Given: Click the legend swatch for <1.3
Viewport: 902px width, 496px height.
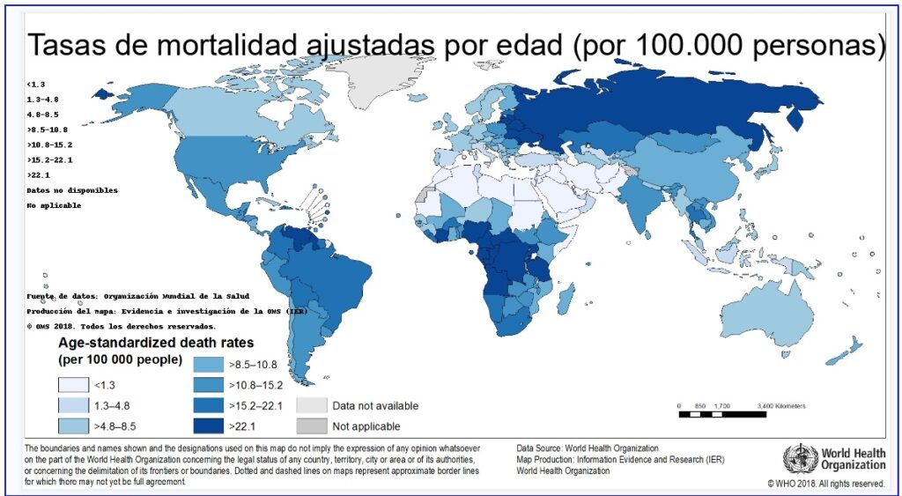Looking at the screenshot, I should pos(75,385).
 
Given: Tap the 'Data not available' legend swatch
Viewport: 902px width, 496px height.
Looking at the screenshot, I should pos(311,406).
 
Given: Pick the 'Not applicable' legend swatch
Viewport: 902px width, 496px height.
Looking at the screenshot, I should pos(311,426).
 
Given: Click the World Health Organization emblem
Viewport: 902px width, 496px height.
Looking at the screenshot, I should pos(800,458).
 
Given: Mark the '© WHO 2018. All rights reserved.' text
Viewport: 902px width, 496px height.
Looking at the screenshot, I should pos(826,484).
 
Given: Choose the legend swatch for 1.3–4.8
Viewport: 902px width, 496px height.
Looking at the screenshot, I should pos(75,406).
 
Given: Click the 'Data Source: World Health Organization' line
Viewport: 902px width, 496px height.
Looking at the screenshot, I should pos(588,448).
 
